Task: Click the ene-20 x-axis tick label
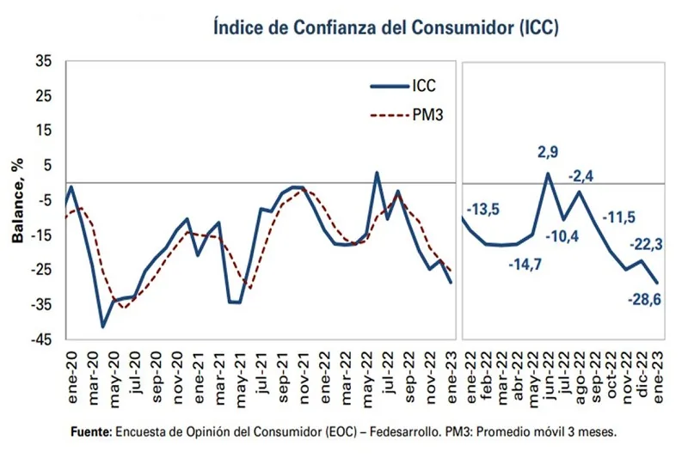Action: pos(71,369)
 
